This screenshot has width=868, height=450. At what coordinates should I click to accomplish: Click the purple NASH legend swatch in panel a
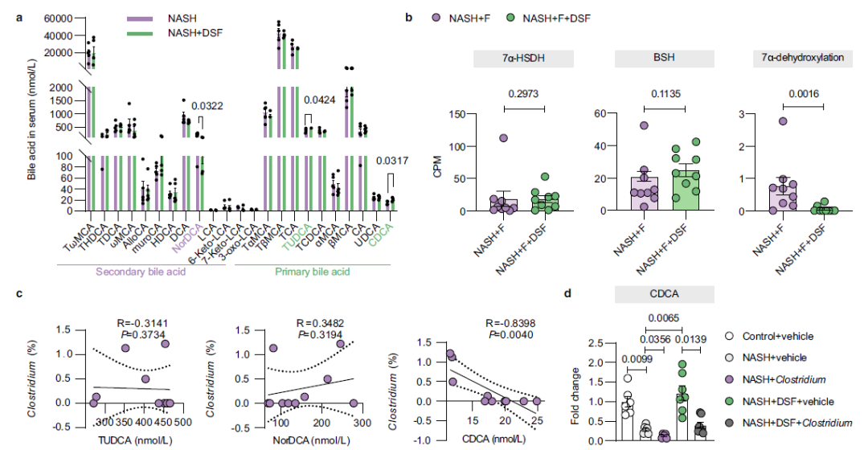point(147,16)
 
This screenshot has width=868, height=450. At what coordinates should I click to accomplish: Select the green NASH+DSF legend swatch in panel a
point(147,32)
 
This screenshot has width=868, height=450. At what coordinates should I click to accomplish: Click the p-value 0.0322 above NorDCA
point(212,105)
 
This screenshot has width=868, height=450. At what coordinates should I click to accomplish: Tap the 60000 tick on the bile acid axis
point(59,17)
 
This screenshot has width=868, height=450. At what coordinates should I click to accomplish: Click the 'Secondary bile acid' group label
point(142,271)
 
